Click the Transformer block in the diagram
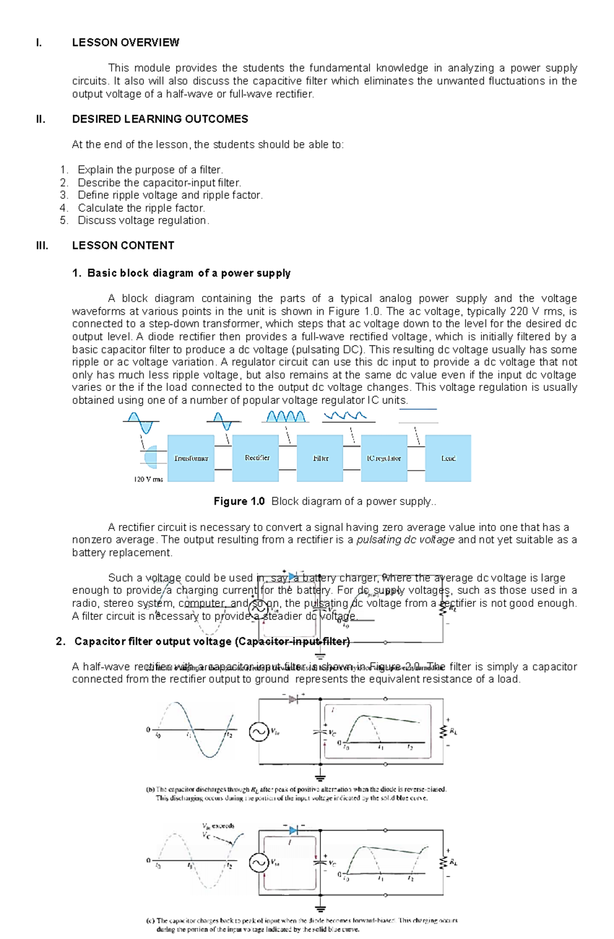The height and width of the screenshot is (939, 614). pyautogui.click(x=191, y=458)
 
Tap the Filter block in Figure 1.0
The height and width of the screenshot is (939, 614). pyautogui.click(x=320, y=458)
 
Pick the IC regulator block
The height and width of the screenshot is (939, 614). pyautogui.click(x=384, y=458)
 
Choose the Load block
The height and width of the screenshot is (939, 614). pyautogui.click(x=448, y=458)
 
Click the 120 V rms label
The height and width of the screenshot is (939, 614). pyautogui.click(x=148, y=479)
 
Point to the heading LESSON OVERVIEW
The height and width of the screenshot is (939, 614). pyautogui.click(x=125, y=42)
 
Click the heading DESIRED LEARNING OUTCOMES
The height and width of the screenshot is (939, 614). pyautogui.click(x=160, y=119)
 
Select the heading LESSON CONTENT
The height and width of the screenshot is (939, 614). pyautogui.click(x=123, y=246)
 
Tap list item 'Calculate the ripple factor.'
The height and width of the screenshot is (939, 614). pyautogui.click(x=141, y=208)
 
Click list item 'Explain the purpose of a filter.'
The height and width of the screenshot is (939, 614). pyautogui.click(x=150, y=170)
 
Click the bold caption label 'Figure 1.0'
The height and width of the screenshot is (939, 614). pyautogui.click(x=239, y=501)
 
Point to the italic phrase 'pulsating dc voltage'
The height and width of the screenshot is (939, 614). pyautogui.click(x=405, y=540)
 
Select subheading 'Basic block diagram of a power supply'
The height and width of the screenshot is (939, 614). pyautogui.click(x=189, y=273)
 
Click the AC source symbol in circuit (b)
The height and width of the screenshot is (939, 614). pyautogui.click(x=259, y=732)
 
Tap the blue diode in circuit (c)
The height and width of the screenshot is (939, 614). pyautogui.click(x=293, y=830)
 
